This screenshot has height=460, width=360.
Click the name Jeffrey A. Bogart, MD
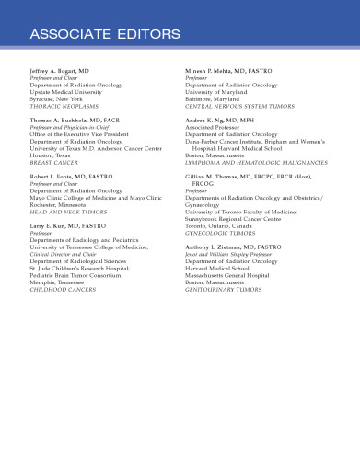(x=60, y=70)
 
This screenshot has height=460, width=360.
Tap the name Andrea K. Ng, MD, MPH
(x=223, y=121)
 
